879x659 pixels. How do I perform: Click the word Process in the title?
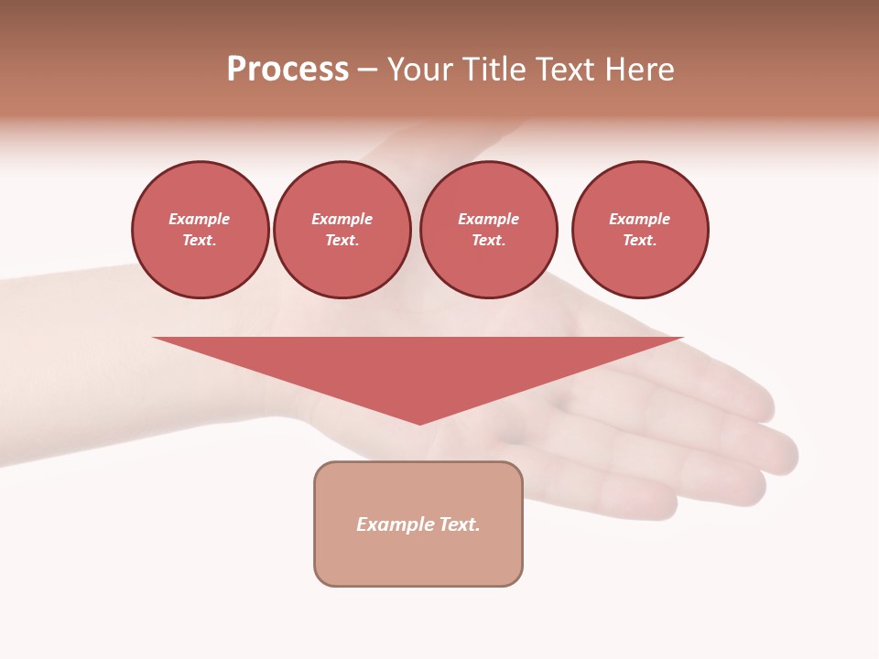click(x=288, y=70)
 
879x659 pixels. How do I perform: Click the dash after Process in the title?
click(x=367, y=70)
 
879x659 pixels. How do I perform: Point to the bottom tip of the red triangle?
click(x=419, y=422)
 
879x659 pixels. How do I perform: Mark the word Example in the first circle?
click(x=200, y=219)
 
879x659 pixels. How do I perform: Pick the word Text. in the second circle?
click(x=342, y=240)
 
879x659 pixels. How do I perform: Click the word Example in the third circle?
click(x=489, y=219)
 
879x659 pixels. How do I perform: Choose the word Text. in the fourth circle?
click(x=640, y=240)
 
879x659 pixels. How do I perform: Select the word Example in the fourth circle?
click(x=640, y=219)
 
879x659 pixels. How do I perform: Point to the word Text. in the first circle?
click(x=200, y=240)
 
